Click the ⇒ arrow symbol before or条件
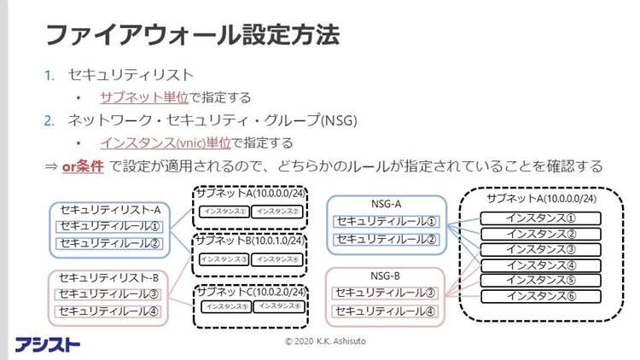51,165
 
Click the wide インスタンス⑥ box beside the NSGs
541,296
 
